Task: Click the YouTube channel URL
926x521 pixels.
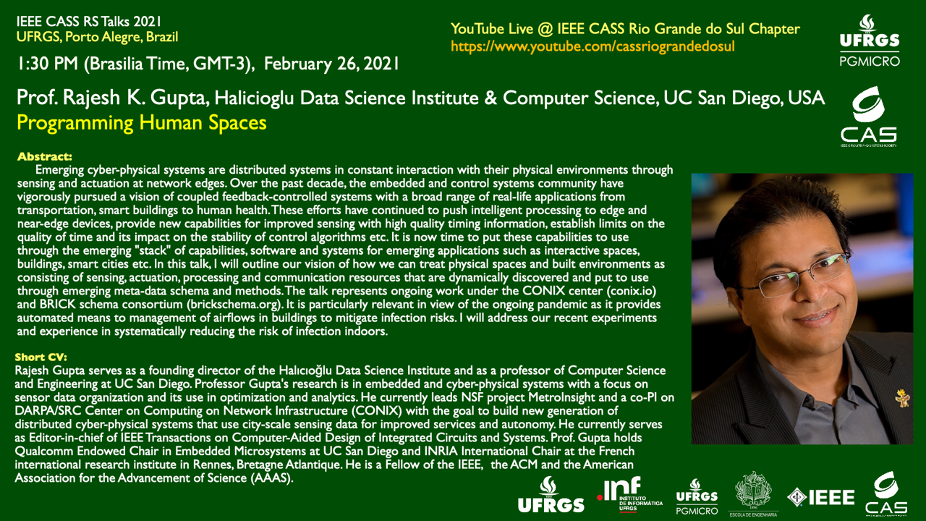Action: [x=592, y=46]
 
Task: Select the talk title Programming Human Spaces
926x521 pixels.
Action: [x=141, y=123]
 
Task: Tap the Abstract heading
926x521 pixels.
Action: [x=45, y=157]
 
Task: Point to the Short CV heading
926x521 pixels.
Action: [x=41, y=357]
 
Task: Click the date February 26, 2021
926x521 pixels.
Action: [x=331, y=64]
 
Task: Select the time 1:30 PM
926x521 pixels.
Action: [x=48, y=64]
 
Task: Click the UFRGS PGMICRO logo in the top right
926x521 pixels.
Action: [x=870, y=41]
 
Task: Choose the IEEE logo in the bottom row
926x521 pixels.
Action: [x=820, y=497]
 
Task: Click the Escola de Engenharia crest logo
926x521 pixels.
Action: [x=753, y=494]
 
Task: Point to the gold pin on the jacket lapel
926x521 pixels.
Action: [x=902, y=399]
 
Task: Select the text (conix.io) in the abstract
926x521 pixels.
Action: [x=632, y=291]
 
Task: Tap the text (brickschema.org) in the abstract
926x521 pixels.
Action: [x=234, y=305]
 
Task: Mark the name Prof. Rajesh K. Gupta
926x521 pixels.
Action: [x=111, y=98]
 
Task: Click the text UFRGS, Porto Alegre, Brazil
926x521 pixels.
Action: [x=97, y=37]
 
